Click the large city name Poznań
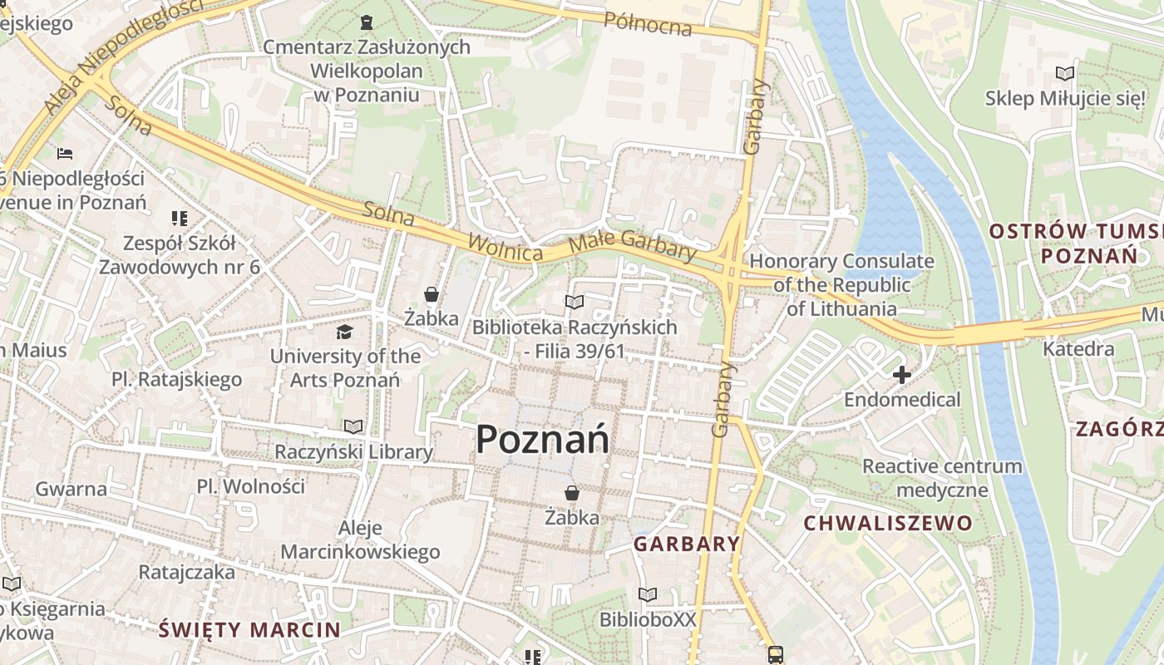(542, 439)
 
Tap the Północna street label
(648, 24)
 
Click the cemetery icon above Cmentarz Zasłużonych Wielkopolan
(367, 22)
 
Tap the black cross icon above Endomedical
(901, 376)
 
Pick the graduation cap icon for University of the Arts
(344, 332)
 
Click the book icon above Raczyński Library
(353, 427)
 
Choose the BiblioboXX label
(648, 619)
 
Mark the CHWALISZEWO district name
(888, 523)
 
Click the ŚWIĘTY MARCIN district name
(249, 629)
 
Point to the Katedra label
(1078, 348)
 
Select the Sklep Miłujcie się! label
(1065, 98)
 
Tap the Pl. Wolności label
(251, 485)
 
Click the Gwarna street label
(71, 488)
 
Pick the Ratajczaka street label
(186, 572)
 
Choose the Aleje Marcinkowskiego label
(360, 539)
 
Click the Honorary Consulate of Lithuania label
(841, 285)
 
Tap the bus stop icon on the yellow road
(775, 654)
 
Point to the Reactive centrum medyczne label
(942, 477)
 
